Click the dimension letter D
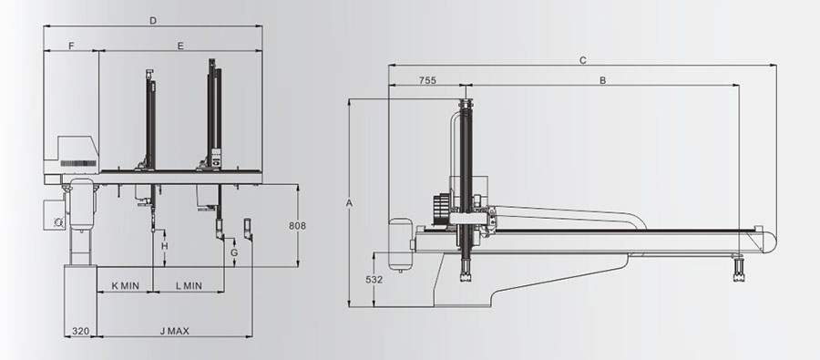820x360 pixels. (153, 21)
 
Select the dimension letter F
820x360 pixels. (72, 46)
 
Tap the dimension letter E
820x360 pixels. (180, 46)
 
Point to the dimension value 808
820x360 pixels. (297, 226)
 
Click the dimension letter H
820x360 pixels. (165, 246)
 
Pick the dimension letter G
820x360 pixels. (234, 252)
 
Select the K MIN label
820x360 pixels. (126, 286)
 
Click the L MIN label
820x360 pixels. (189, 286)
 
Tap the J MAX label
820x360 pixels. (175, 331)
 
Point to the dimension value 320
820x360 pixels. (80, 331)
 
